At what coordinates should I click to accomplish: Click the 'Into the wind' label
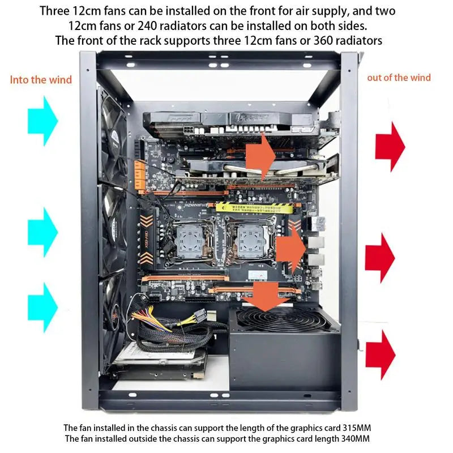41,79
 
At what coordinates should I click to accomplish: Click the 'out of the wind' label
399,78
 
